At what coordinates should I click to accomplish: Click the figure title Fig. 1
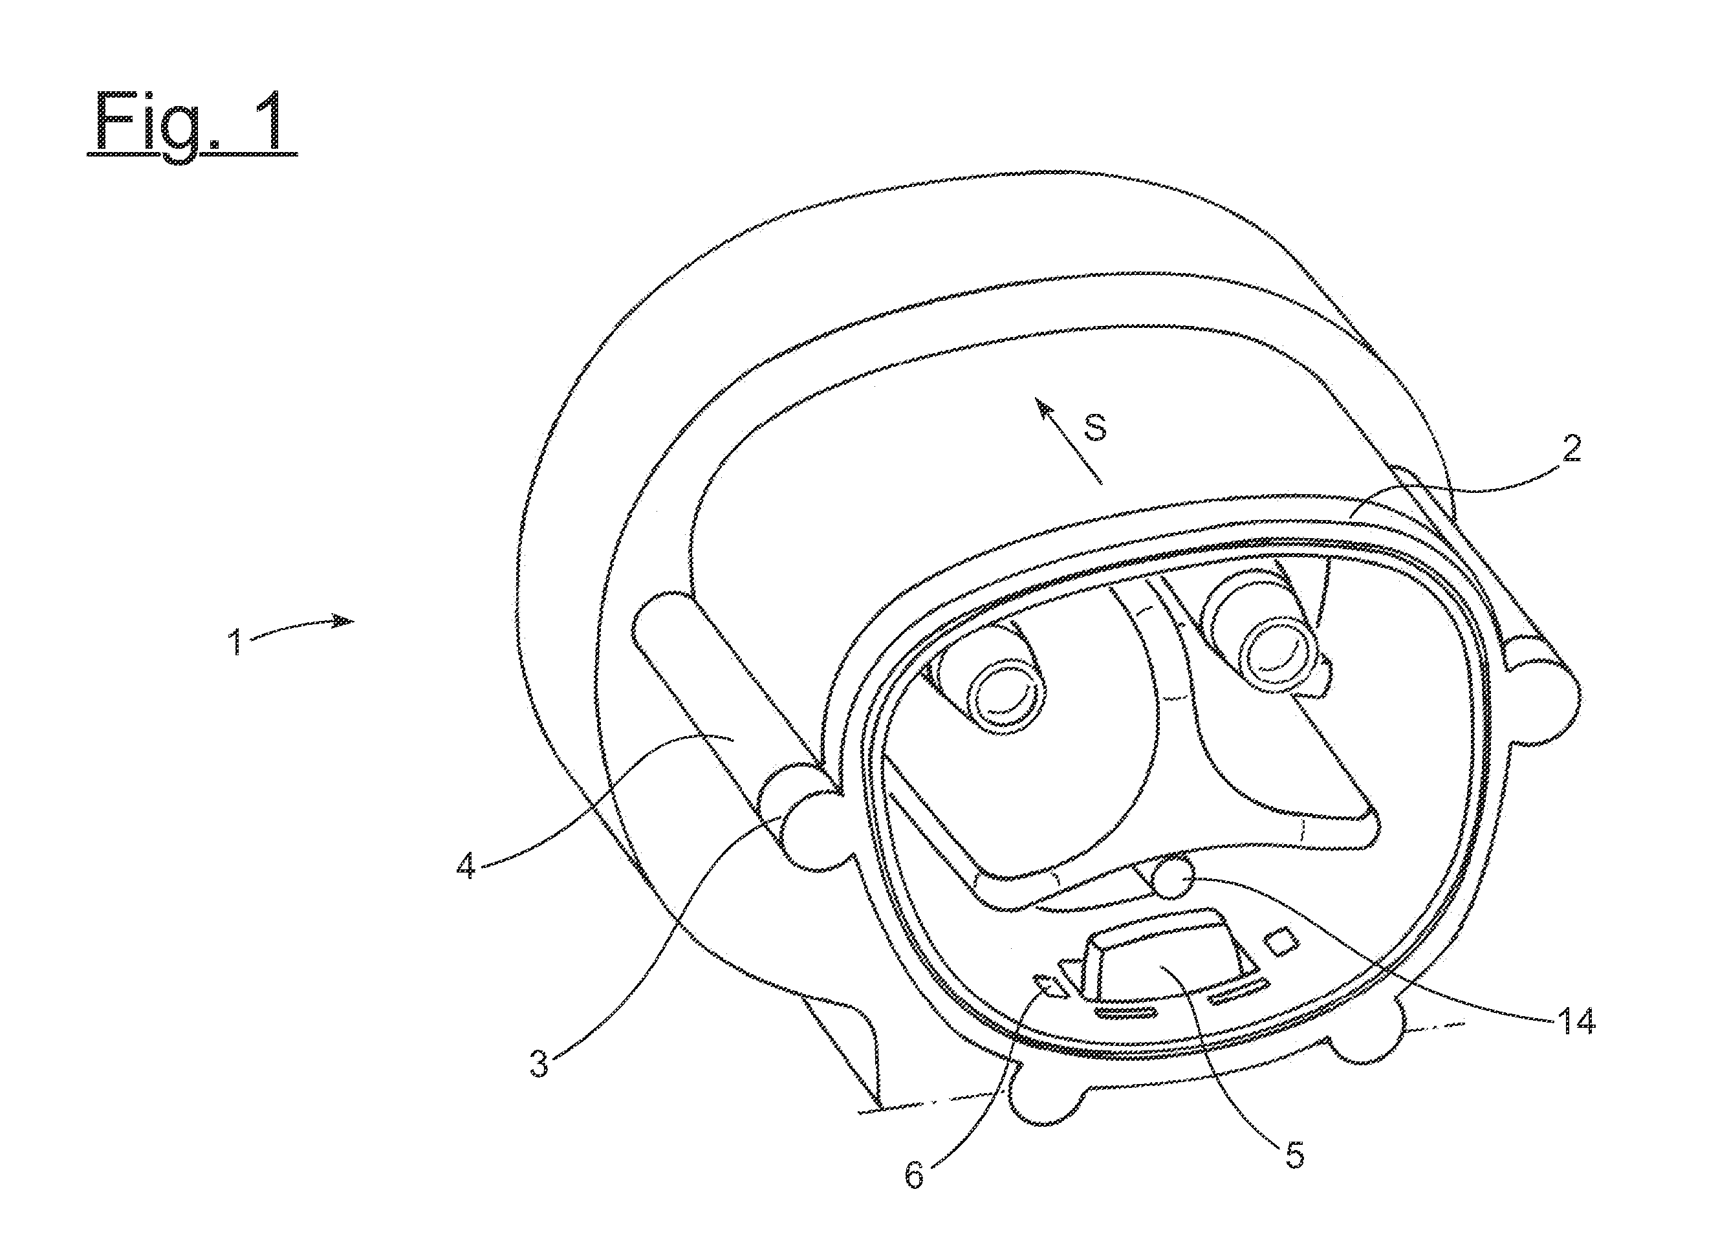(x=191, y=123)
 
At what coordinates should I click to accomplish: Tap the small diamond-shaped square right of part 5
(x=1282, y=942)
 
